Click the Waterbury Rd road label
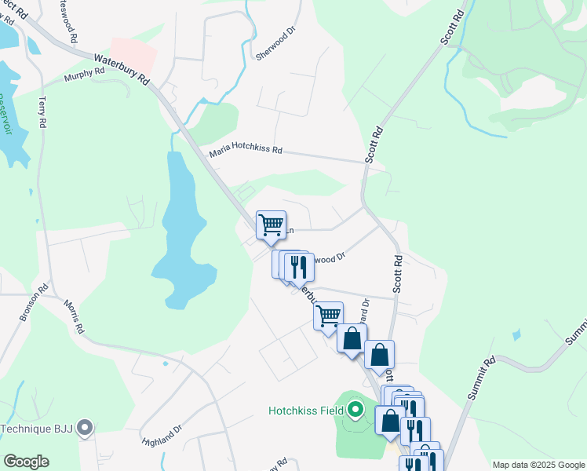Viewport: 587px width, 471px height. tap(122, 68)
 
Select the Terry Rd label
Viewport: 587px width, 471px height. tap(42, 113)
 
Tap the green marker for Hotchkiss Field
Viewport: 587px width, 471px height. tap(355, 409)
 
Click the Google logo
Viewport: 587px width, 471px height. tap(26, 461)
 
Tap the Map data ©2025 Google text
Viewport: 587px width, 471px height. tap(538, 465)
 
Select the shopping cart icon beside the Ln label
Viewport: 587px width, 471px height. tap(271, 225)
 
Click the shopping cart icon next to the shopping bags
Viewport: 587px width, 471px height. tap(328, 316)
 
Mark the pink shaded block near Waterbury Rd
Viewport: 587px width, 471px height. tap(133, 53)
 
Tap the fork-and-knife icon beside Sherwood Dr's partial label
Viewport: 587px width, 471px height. tap(299, 266)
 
